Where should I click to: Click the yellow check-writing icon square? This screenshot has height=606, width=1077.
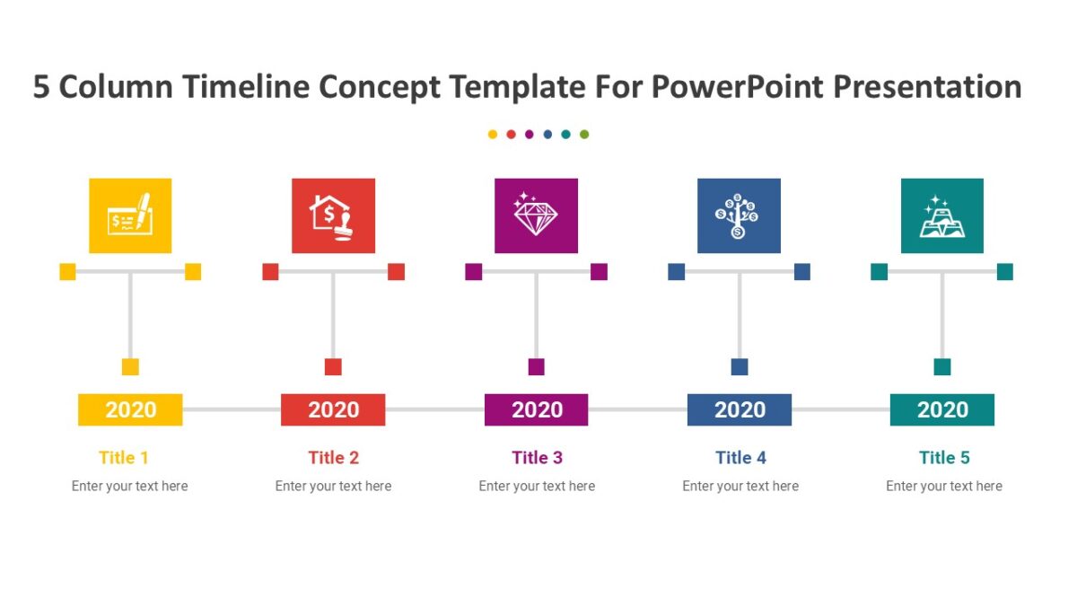pyautogui.click(x=130, y=215)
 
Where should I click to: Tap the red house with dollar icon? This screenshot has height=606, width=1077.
pyautogui.click(x=333, y=215)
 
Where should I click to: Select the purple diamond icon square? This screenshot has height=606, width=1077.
pyautogui.click(x=536, y=215)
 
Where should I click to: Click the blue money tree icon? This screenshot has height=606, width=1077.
pyautogui.click(x=739, y=215)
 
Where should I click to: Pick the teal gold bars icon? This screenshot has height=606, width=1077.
pyautogui.click(x=941, y=215)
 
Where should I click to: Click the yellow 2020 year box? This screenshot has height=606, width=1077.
pyautogui.click(x=130, y=409)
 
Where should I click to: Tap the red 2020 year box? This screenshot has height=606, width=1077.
pyautogui.click(x=333, y=409)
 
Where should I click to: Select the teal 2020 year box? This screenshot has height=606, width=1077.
pyautogui.click(x=941, y=409)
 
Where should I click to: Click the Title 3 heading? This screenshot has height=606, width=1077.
pyautogui.click(x=537, y=458)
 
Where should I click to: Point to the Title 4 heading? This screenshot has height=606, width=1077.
pyautogui.click(x=740, y=458)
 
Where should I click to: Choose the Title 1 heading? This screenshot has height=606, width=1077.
pyautogui.click(x=124, y=458)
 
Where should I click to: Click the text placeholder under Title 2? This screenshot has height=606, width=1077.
pyautogui.click(x=333, y=486)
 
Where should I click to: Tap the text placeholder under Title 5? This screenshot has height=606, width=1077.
pyautogui.click(x=943, y=486)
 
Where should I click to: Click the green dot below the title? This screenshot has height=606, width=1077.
pyautogui.click(x=584, y=135)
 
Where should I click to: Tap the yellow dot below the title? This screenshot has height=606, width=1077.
pyautogui.click(x=493, y=135)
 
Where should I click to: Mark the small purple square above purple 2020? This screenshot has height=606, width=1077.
pyautogui.click(x=536, y=366)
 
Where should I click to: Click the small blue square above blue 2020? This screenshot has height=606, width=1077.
pyautogui.click(x=739, y=366)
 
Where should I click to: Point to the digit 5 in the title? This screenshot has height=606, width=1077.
pyautogui.click(x=41, y=87)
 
